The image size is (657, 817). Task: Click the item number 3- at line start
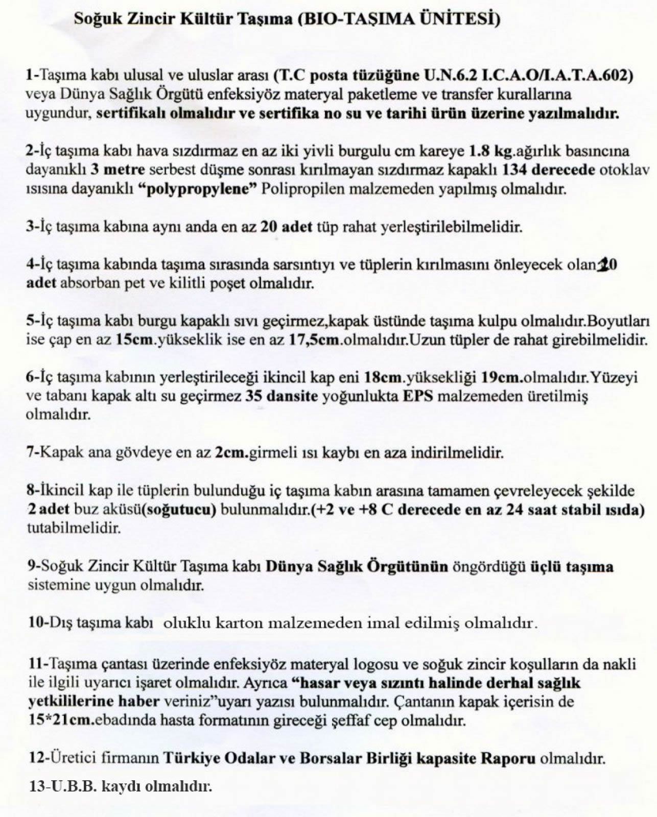pyautogui.click(x=32, y=227)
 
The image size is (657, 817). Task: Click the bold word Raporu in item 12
pyautogui.click(x=509, y=758)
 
